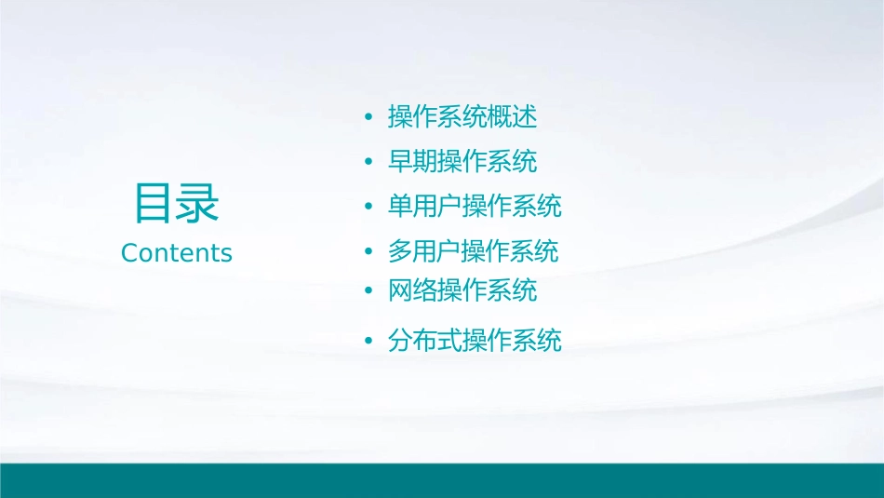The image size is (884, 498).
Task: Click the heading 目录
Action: point(177,204)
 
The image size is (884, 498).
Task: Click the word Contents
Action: point(177,253)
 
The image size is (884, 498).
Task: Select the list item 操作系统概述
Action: point(462,117)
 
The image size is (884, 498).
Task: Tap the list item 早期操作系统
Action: point(462,162)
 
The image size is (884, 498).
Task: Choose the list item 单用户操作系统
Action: point(475,206)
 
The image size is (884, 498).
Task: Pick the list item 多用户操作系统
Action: point(475,251)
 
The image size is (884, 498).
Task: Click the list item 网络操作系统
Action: point(462,290)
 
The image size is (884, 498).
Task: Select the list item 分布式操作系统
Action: point(475,341)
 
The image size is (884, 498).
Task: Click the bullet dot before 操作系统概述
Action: point(368,118)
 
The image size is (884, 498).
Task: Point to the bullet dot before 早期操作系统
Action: point(368,163)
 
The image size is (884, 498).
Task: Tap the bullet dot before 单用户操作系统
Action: point(368,207)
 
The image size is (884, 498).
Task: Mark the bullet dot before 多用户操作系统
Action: point(368,252)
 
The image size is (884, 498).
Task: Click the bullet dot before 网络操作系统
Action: point(368,291)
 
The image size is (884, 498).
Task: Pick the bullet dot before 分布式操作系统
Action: point(368,342)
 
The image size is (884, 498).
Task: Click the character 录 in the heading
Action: point(198,204)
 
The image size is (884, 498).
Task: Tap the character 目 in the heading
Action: point(154,204)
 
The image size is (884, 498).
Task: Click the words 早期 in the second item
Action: point(412,162)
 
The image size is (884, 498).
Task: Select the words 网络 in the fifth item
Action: point(412,290)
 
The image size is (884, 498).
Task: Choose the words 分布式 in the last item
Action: point(424,341)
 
